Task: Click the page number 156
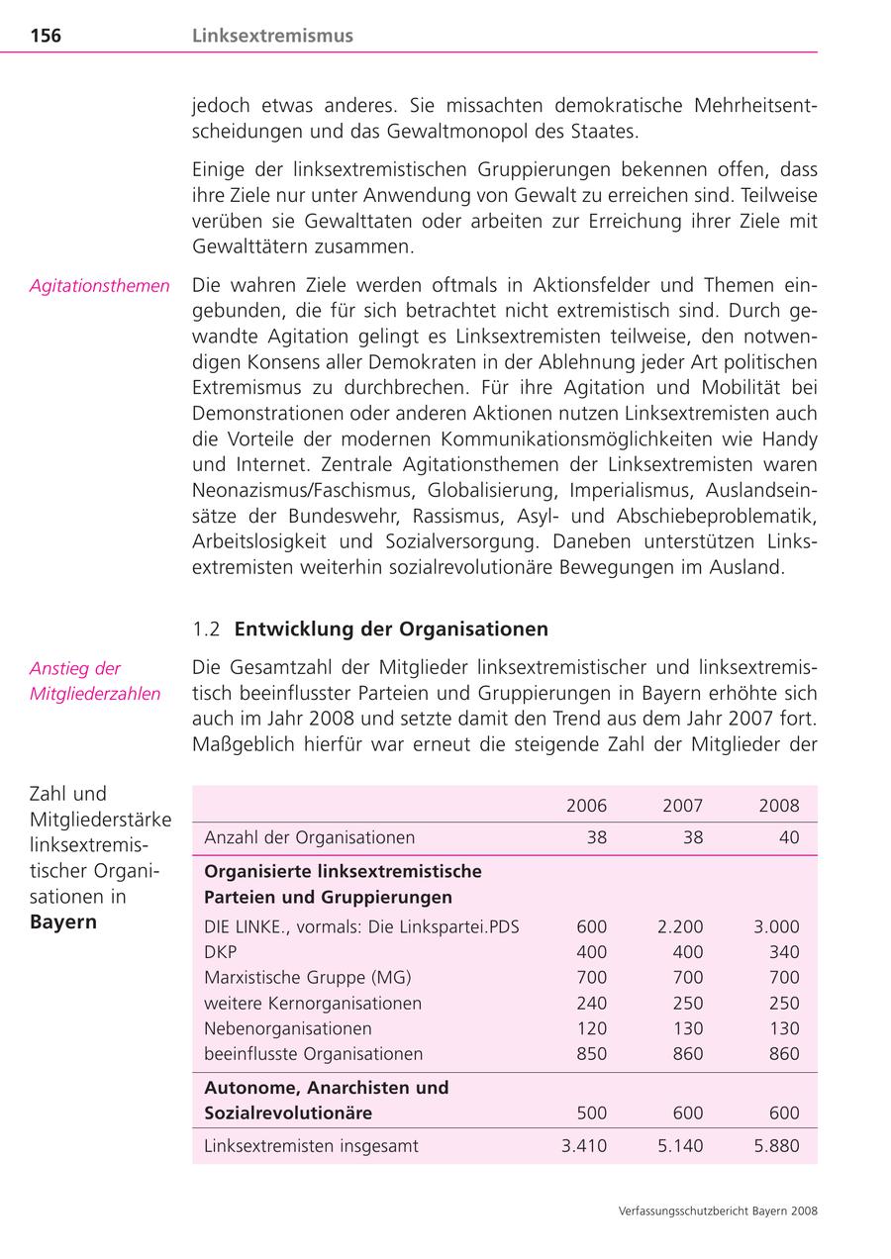46,37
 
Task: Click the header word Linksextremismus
272,37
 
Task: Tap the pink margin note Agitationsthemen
99,286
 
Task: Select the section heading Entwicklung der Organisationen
391,629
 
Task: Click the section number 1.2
205,629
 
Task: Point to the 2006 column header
586,806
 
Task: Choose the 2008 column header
778,806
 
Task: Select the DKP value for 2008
783,952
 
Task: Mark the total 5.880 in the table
775,1146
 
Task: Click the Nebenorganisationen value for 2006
591,1028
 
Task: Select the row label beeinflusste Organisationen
313,1054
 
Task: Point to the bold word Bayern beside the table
63,922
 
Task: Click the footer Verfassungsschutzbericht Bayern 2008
718,1211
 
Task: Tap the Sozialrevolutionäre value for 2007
687,1114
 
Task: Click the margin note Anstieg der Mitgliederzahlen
94,681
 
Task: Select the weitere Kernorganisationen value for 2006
591,1004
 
